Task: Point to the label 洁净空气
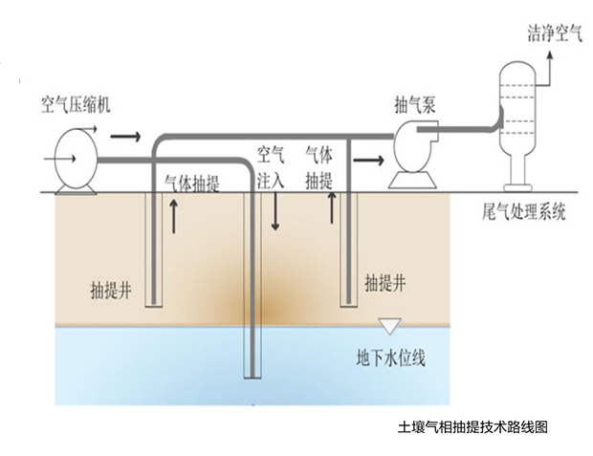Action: pyautogui.click(x=554, y=34)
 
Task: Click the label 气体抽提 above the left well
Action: pyautogui.click(x=191, y=184)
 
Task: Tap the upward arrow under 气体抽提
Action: pyautogui.click(x=174, y=219)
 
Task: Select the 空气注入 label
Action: pyautogui.click(x=272, y=166)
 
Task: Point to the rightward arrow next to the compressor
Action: pyautogui.click(x=124, y=137)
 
